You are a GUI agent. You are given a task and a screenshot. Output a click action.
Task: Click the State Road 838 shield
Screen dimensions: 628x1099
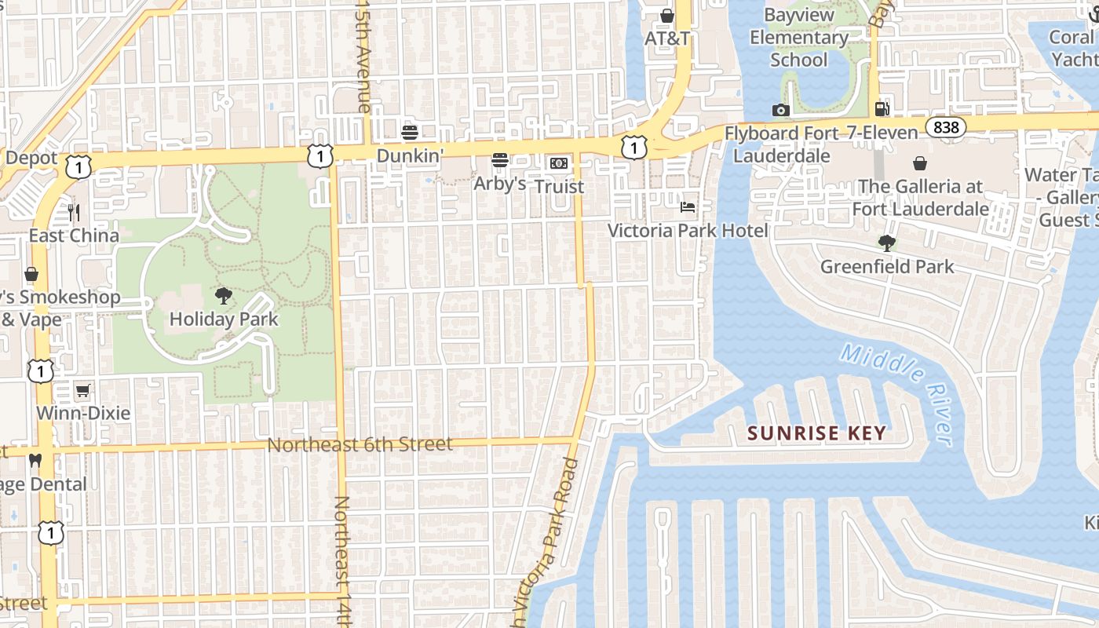[x=945, y=127]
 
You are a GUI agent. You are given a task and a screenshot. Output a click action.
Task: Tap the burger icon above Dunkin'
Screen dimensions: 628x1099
[x=410, y=132]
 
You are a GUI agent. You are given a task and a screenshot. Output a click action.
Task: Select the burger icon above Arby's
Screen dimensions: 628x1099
[x=500, y=160]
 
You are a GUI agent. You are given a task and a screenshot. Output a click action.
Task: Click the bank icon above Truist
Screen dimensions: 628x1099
[x=558, y=162]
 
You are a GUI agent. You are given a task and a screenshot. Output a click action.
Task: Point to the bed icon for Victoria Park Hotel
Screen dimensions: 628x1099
[x=688, y=207]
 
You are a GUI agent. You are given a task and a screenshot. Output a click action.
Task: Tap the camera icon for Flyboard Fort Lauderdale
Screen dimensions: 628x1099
[x=780, y=110]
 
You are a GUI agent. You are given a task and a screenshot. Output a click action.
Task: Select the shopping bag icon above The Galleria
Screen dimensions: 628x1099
[x=920, y=163]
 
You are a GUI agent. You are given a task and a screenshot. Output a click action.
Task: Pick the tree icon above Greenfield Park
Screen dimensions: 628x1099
[x=887, y=243]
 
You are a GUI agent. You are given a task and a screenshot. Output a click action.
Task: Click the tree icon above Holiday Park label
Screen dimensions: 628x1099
[x=224, y=296]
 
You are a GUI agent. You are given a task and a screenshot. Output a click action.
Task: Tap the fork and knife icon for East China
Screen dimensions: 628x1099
[x=74, y=212]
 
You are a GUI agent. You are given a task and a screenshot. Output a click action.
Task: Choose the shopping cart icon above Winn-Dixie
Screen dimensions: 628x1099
[x=83, y=390]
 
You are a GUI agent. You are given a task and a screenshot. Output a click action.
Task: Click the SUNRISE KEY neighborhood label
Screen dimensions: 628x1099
[x=816, y=433]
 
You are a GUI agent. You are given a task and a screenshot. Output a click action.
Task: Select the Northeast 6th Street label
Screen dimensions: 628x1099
[x=360, y=444]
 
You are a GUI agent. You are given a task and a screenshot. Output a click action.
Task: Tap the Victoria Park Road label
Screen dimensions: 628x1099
[x=546, y=542]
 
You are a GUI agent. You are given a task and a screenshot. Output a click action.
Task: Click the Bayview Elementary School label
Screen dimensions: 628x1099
[x=798, y=37]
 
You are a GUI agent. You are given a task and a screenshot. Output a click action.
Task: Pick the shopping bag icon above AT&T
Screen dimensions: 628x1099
[x=667, y=16]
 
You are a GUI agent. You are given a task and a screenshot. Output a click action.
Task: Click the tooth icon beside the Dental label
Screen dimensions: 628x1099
[x=35, y=461]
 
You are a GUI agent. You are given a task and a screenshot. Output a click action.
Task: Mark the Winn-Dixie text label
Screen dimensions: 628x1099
[x=83, y=413]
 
